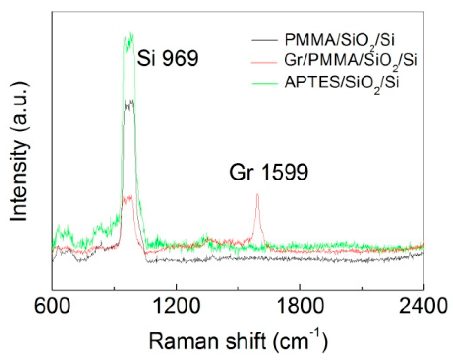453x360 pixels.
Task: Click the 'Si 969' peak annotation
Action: coord(167,59)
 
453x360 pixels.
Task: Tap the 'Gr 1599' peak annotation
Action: coord(269,172)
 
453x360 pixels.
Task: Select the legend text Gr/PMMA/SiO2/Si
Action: coord(351,61)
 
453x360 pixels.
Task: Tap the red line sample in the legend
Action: coord(264,61)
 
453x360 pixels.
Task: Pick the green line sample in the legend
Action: coord(264,83)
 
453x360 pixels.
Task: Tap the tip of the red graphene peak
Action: coord(257,194)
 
